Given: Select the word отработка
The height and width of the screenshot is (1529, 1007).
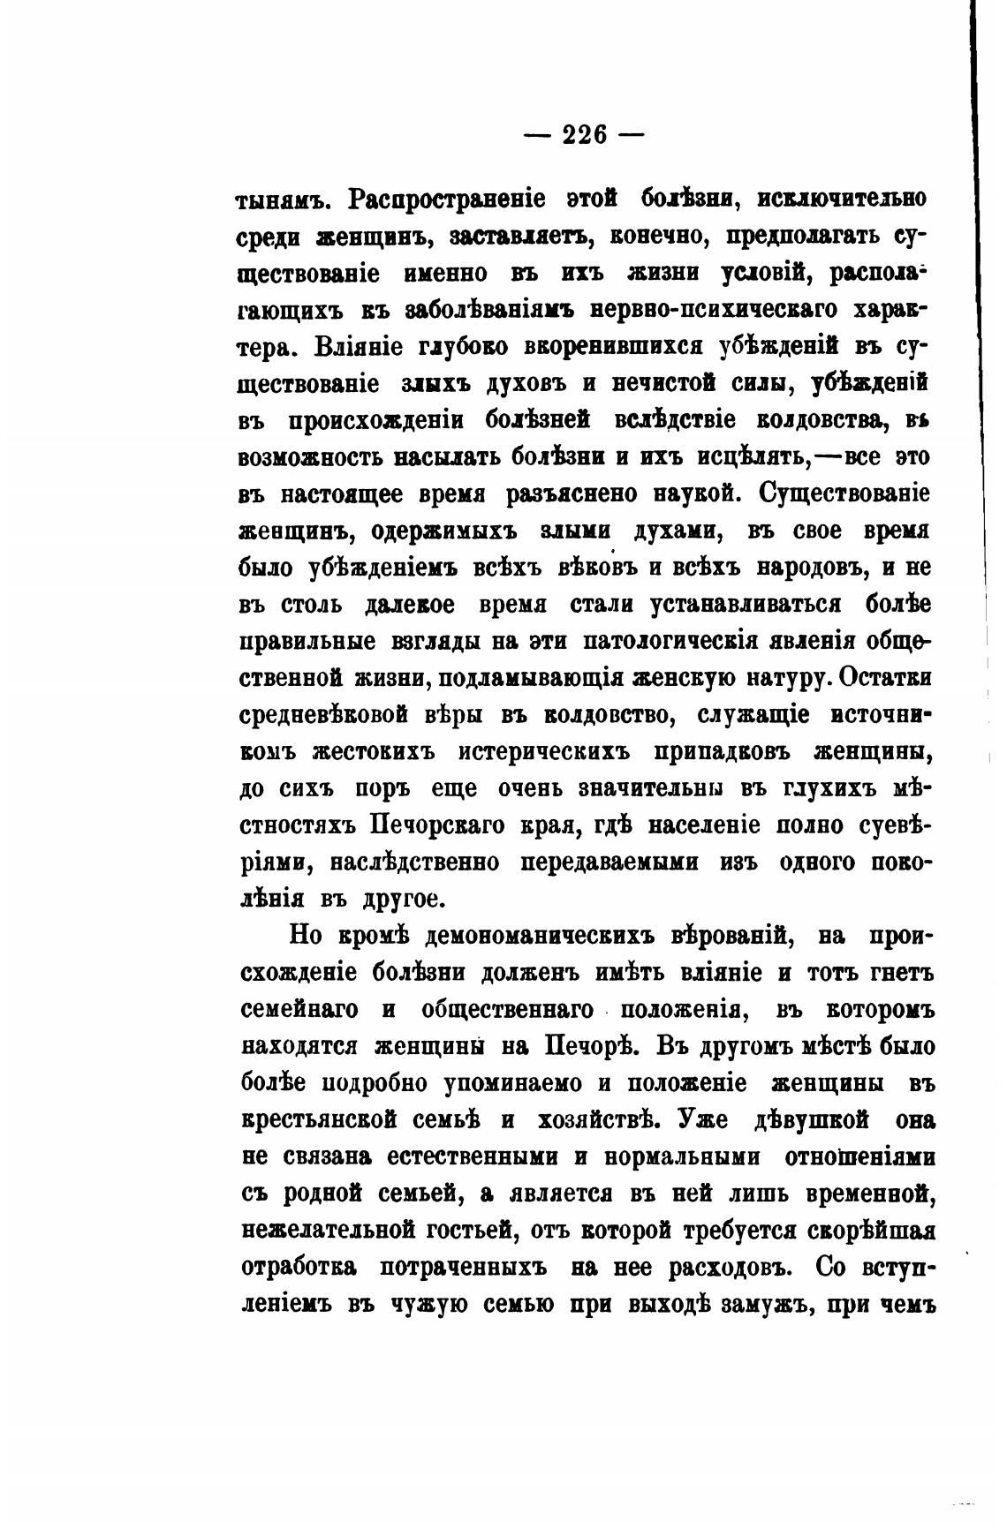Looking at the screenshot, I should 298,1268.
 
